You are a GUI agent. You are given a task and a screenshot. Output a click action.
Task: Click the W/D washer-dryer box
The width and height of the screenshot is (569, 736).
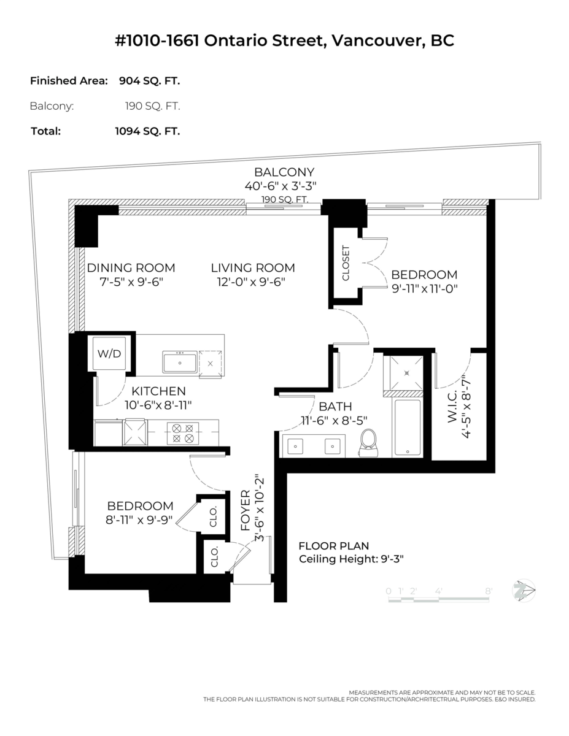coord(109,353)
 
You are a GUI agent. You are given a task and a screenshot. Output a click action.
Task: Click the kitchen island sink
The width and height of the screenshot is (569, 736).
coord(179,362)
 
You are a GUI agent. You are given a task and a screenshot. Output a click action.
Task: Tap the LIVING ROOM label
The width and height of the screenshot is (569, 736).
coord(253,268)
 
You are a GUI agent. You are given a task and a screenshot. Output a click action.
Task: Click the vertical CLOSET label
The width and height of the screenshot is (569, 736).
coord(346,264)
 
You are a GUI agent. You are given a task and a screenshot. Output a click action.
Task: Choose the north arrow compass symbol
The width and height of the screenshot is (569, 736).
coord(526,590)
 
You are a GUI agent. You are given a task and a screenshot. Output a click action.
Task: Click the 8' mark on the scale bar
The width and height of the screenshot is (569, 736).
coord(489,591)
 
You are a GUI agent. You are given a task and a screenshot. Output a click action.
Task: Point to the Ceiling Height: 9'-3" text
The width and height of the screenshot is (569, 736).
coord(350,559)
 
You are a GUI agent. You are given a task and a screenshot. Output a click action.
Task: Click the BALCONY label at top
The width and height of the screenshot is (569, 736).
coord(284,172)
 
